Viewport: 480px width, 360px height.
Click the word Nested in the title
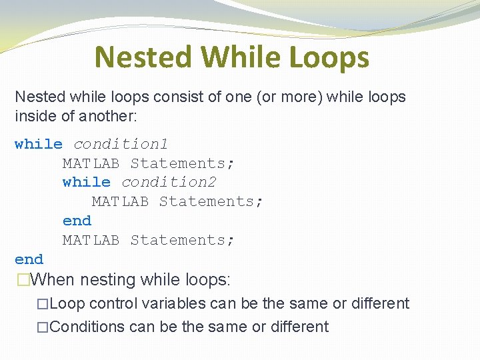[x=143, y=57]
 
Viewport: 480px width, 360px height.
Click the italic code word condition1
[x=121, y=144]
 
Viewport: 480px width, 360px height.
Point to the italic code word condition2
[x=169, y=182]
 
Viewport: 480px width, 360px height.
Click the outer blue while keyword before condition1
[x=39, y=144]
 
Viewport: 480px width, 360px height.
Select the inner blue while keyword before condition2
[x=86, y=182]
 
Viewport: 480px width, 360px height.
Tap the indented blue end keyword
[x=77, y=221]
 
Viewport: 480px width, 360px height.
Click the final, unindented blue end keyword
[x=29, y=259]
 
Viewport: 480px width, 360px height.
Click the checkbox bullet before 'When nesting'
[x=23, y=280]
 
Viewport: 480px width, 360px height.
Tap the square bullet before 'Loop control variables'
[x=43, y=304]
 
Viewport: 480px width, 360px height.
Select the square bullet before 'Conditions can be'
[x=43, y=327]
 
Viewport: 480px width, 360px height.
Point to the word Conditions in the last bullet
[x=87, y=327]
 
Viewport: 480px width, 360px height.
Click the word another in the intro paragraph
[x=107, y=116]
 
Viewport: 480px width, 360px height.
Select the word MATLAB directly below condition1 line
[x=91, y=163]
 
